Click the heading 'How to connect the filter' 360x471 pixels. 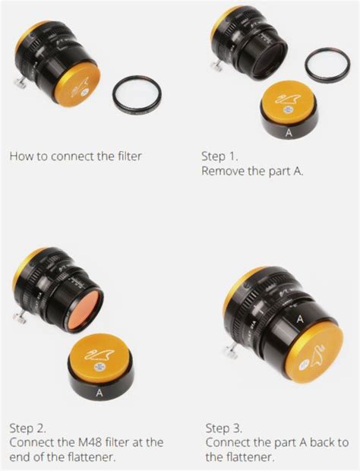coord(75,156)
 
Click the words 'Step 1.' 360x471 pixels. coord(219,156)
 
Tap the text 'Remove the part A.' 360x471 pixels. coord(252,171)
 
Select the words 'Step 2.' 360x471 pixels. coord(27,428)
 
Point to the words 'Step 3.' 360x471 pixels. coord(224,428)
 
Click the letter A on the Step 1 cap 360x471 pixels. coord(289,133)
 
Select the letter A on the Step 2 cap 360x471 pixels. coord(99,392)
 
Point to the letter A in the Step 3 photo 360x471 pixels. coord(300,319)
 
